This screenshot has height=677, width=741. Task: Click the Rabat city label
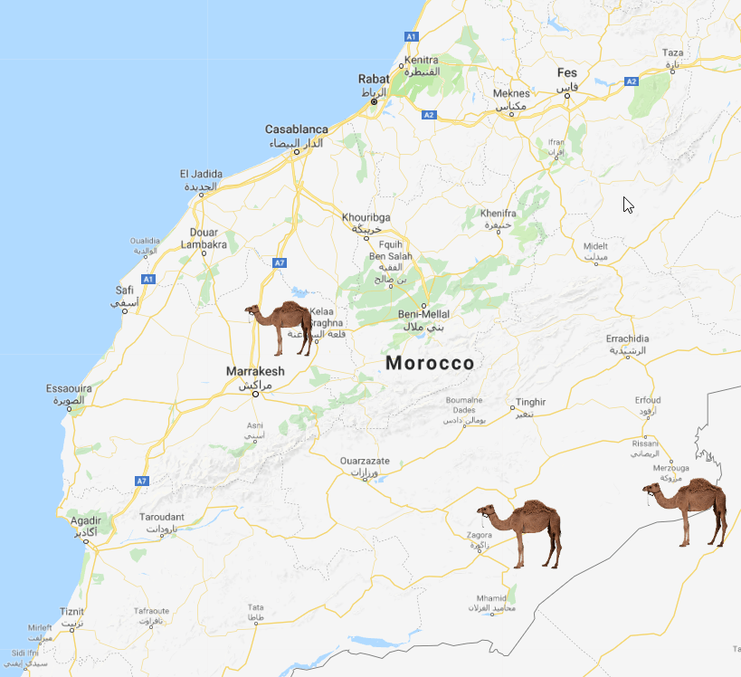pyautogui.click(x=373, y=79)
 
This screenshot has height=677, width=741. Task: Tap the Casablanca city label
pyautogui.click(x=296, y=129)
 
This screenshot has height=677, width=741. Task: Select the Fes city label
pyautogui.click(x=566, y=72)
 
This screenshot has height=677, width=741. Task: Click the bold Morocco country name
pyautogui.click(x=430, y=363)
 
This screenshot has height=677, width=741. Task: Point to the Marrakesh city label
pyautogui.click(x=254, y=371)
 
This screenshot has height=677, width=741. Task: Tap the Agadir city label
pyautogui.click(x=86, y=520)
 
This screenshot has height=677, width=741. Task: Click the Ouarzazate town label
pyautogui.click(x=365, y=461)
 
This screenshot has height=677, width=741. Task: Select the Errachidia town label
pyautogui.click(x=627, y=338)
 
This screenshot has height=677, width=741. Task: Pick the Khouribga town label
pyautogui.click(x=366, y=217)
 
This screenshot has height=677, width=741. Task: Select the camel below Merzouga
pyautogui.click(x=688, y=510)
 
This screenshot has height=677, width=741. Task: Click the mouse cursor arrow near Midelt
pyautogui.click(x=628, y=205)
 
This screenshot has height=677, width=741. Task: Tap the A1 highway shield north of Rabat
pyautogui.click(x=411, y=35)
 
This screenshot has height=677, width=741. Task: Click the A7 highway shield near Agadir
pyautogui.click(x=141, y=481)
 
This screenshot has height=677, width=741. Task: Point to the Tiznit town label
pyautogui.click(x=71, y=611)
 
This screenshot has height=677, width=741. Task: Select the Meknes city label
pyautogui.click(x=511, y=93)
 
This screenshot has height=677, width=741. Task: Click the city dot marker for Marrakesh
pyautogui.click(x=255, y=394)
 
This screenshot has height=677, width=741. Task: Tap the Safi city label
pyautogui.click(x=125, y=290)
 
